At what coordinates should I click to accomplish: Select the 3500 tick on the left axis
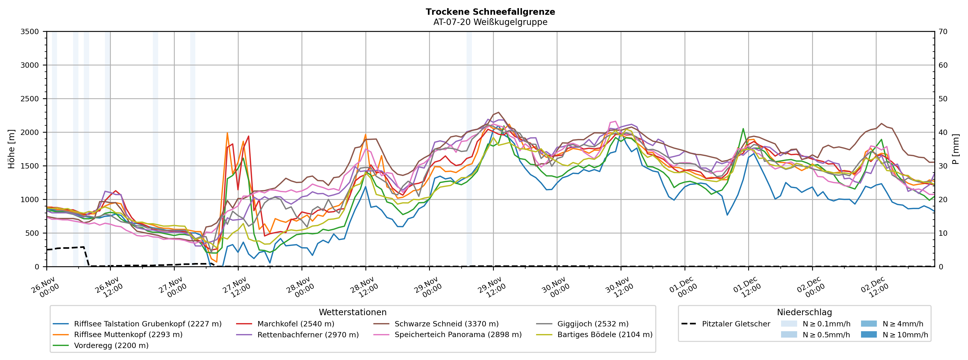30,32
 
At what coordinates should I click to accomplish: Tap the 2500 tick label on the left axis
30,99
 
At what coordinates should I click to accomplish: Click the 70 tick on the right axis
943,32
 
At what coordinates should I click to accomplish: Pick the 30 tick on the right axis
943,166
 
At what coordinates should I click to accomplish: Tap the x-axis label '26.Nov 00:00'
45,287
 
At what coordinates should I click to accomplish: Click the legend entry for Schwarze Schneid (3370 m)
446,324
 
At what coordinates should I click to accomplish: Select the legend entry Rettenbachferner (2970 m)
308,335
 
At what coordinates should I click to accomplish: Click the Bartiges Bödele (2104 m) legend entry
605,335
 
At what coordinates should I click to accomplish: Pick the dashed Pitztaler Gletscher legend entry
736,324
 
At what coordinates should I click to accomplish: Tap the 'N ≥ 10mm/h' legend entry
905,335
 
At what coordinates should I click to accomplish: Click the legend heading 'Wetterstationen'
352,312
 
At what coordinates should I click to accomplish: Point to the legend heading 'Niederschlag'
804,312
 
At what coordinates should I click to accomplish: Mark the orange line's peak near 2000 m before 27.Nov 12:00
227,133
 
